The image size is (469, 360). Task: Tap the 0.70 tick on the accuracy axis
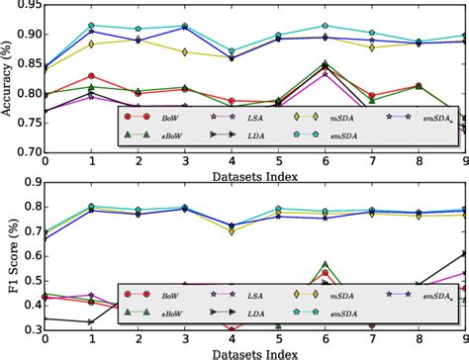click(x=27, y=155)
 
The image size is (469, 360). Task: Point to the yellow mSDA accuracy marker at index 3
click(x=184, y=49)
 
